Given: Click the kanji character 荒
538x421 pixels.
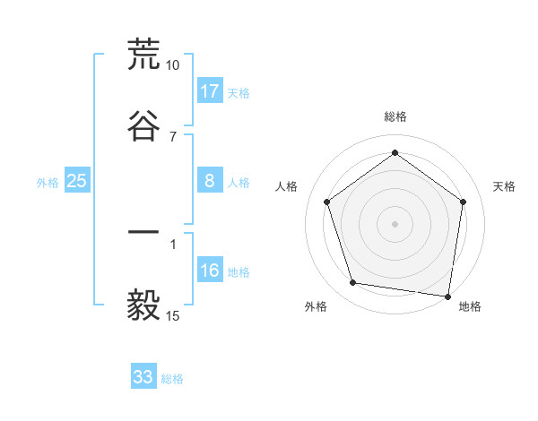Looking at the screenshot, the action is click(x=143, y=55).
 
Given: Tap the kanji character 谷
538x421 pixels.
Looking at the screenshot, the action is click(x=143, y=125).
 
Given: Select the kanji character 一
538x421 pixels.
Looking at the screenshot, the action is click(x=143, y=233).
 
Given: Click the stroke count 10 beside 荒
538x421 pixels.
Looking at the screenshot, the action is click(x=172, y=65).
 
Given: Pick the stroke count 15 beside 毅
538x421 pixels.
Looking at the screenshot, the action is click(x=172, y=316).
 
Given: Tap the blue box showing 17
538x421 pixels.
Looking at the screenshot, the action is click(x=210, y=91).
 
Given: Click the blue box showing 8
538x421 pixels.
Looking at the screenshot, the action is click(x=210, y=180).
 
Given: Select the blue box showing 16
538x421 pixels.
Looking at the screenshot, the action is click(x=210, y=270).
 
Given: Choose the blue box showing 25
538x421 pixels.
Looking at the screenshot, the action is click(x=77, y=181).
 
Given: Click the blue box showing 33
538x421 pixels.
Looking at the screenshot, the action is click(x=143, y=377).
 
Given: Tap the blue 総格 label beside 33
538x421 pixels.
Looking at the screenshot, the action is click(x=172, y=379).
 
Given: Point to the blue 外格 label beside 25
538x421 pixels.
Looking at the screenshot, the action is click(x=48, y=183).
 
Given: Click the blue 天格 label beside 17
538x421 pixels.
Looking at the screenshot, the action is click(x=239, y=93).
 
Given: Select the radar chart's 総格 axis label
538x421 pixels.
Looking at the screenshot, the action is click(x=395, y=116).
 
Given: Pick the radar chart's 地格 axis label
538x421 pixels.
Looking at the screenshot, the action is click(x=470, y=306).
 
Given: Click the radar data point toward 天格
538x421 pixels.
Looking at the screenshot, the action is click(x=463, y=202).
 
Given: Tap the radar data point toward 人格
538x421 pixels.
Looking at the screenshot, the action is click(x=326, y=202).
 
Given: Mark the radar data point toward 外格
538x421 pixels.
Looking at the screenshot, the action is click(x=353, y=283).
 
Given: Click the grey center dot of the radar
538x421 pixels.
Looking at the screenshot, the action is click(x=395, y=223).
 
